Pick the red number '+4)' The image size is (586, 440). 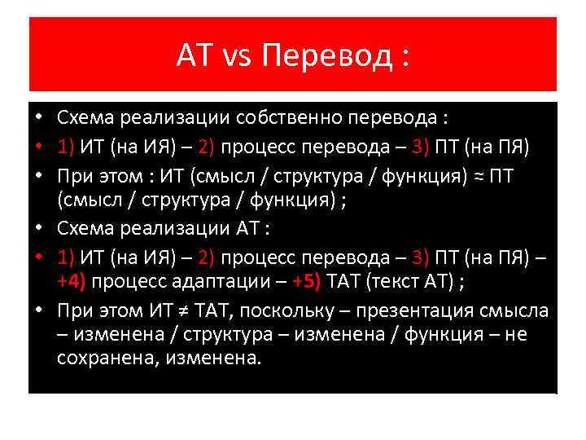pyautogui.click(x=72, y=282)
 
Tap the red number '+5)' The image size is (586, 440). pyautogui.click(x=308, y=282)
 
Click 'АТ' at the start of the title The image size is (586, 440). pyautogui.click(x=193, y=55)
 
